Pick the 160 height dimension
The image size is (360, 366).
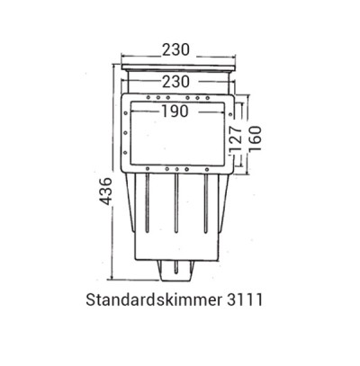click(x=256, y=137)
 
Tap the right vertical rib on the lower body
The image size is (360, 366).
click(x=209, y=216)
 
